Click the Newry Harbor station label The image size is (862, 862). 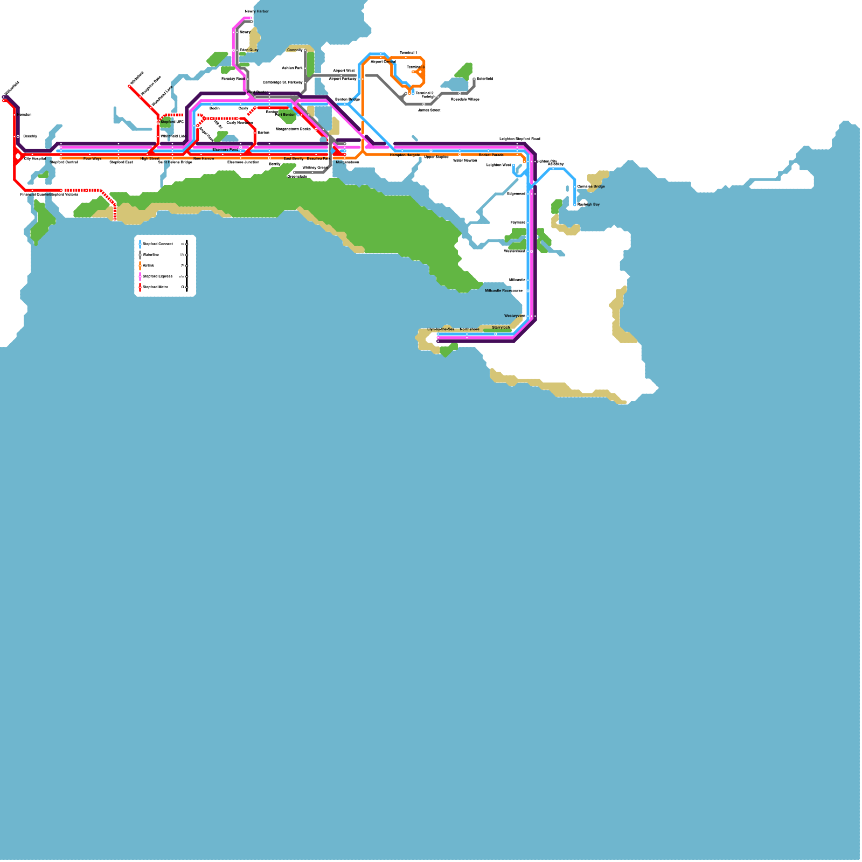tap(256, 11)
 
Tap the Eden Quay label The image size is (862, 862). tap(249, 50)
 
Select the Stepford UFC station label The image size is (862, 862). tap(172, 122)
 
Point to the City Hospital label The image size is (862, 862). tap(34, 159)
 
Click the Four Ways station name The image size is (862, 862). tap(92, 159)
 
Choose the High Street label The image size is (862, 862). tap(150, 159)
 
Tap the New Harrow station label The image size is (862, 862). tap(204, 159)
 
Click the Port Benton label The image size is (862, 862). tap(285, 115)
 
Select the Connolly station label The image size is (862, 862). tap(295, 50)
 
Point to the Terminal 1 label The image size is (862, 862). tap(408, 53)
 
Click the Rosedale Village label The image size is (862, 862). tap(465, 99)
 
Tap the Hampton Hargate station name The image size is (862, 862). tap(405, 155)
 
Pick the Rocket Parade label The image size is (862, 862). tap(491, 155)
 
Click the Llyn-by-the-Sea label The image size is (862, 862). tap(441, 329)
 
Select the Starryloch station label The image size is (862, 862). tap(500, 328)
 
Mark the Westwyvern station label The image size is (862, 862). tap(515, 316)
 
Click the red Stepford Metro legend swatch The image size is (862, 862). tap(140, 287)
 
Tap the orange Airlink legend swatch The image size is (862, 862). tap(140, 266)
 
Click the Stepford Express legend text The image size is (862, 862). tap(157, 276)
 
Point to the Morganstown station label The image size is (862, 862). tap(347, 162)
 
